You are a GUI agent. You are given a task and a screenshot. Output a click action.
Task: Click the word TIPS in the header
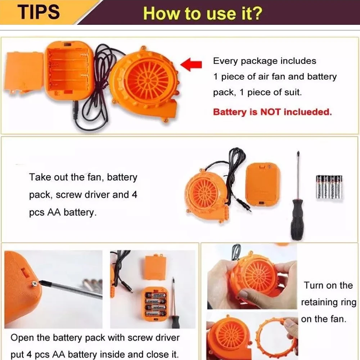[x=39, y=12]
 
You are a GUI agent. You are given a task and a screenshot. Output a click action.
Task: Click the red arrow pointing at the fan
[x=191, y=64]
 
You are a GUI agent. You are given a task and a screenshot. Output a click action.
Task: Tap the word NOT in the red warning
[x=270, y=112]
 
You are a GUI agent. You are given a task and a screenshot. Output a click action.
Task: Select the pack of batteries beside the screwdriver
[x=329, y=186]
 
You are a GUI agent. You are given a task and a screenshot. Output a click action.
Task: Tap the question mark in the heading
[x=258, y=13]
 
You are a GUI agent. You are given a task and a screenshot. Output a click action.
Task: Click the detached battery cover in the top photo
[x=24, y=72]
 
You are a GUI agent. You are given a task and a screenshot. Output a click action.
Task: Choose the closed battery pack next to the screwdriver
[x=263, y=184]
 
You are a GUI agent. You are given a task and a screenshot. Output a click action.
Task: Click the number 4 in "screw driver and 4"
[x=134, y=194]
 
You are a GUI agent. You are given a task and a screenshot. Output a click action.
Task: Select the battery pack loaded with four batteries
[x=156, y=305]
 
